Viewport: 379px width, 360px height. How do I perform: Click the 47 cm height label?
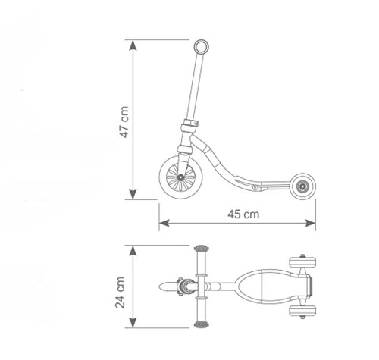pyautogui.click(x=124, y=121)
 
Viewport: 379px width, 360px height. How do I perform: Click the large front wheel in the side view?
pyautogui.click(x=180, y=180)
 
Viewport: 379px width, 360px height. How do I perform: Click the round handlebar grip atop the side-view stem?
pyautogui.click(x=201, y=48)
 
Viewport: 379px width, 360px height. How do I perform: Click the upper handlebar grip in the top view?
pyautogui.click(x=202, y=250)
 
